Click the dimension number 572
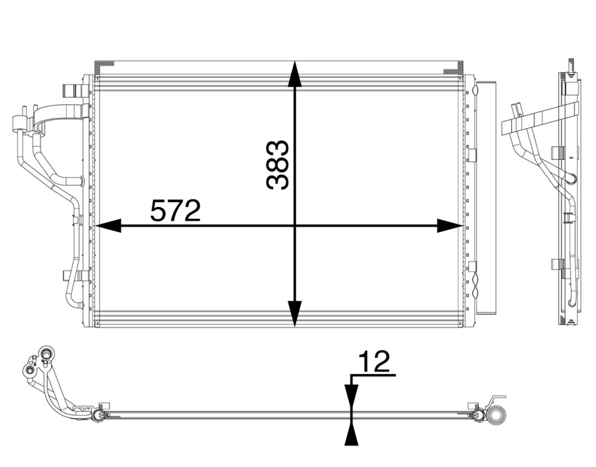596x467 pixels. tap(176, 211)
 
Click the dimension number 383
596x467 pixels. tap(278, 165)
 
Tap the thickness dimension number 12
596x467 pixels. tap(374, 361)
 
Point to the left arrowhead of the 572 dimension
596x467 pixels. tap(108, 226)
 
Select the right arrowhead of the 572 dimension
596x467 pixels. tap(449, 226)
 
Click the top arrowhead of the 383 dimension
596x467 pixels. tap(295, 74)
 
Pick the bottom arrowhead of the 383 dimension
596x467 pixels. tap(295, 314)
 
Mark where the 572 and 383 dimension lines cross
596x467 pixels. tap(295, 226)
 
